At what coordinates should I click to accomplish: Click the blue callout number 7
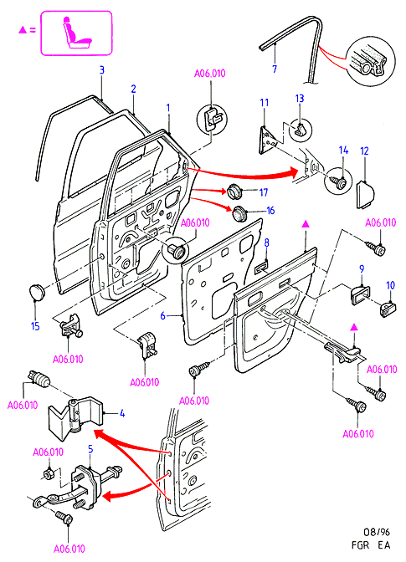coord(275,69)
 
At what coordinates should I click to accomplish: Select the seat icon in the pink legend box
coord(76,33)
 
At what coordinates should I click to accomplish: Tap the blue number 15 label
coord(35,326)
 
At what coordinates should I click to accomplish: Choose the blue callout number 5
coord(90,449)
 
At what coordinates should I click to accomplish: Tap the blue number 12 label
coord(364,151)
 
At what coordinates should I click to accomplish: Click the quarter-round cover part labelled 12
coord(365,194)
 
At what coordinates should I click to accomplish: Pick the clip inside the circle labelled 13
coord(300,130)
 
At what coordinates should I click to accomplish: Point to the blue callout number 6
coord(163,316)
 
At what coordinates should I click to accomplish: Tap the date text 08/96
coord(376,532)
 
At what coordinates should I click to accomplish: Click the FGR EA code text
coord(371,545)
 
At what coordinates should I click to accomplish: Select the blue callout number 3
coord(101,69)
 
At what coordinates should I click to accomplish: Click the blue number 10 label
coord(390,285)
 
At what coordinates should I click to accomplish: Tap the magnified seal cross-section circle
coord(372,62)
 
